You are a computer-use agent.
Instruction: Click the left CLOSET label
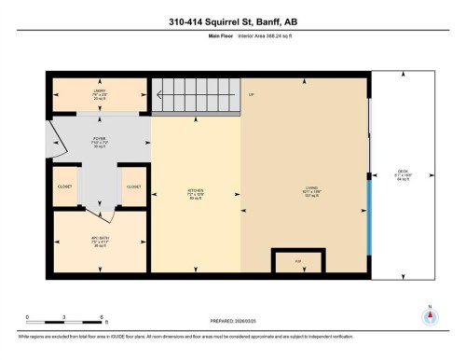[65, 187]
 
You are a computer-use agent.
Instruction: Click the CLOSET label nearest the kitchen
[133, 187]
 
